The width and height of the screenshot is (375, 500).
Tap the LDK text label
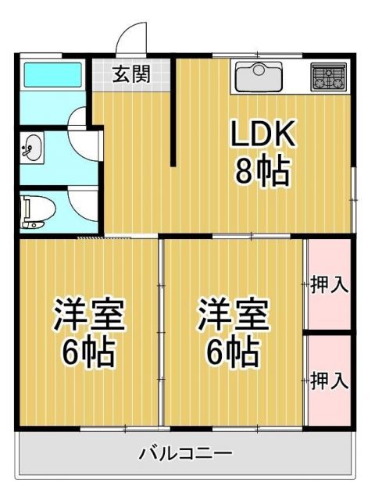click(262, 136)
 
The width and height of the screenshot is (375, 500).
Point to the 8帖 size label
click(262, 171)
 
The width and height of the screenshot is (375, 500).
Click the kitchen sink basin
click(259, 77)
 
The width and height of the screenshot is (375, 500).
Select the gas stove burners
click(328, 77)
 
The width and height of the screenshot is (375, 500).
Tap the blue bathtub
click(52, 76)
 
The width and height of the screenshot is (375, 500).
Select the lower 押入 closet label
click(329, 381)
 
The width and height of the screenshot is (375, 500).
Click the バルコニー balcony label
click(185, 453)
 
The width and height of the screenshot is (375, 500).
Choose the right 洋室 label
click(232, 316)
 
